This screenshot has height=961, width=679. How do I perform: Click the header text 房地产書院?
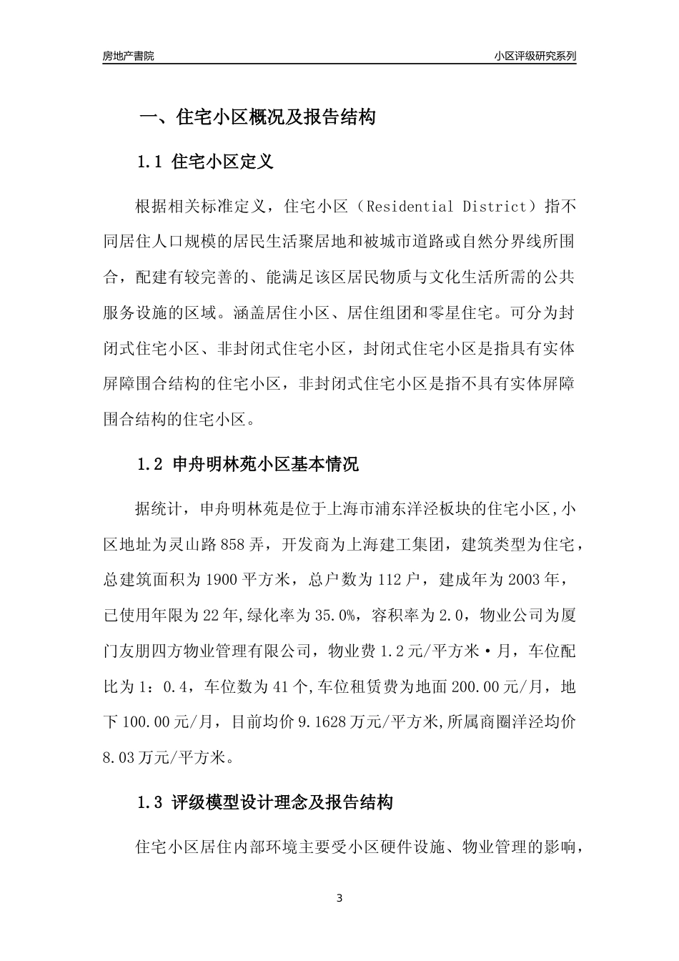(x=128, y=56)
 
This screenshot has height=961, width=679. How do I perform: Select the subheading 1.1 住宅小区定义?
(x=205, y=162)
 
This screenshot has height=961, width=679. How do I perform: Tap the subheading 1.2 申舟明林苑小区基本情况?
(x=247, y=465)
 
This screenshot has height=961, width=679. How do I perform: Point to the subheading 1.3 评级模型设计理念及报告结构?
(x=264, y=802)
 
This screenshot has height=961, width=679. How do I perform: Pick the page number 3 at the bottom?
(x=339, y=898)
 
